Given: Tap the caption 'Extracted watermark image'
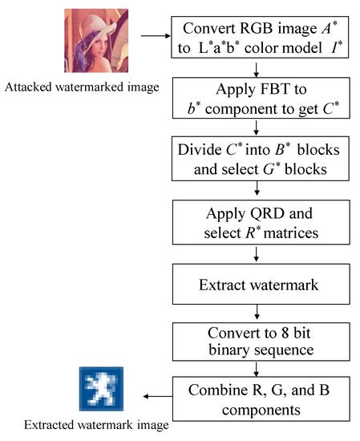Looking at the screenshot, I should click(x=97, y=425).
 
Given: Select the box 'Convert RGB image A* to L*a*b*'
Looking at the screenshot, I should click(x=254, y=37).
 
